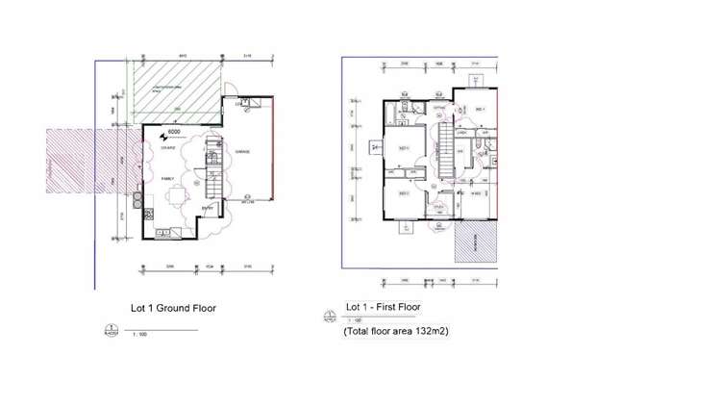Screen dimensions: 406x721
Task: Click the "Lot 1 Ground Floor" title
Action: (x=173, y=309)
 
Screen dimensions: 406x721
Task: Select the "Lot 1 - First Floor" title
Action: (x=383, y=307)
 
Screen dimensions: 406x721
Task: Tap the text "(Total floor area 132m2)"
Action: (x=397, y=330)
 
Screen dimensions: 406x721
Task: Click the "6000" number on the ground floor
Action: (x=174, y=132)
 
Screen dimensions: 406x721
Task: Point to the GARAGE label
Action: (x=241, y=151)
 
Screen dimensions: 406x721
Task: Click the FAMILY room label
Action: (x=167, y=179)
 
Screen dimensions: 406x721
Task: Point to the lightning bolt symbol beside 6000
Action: (x=162, y=137)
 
